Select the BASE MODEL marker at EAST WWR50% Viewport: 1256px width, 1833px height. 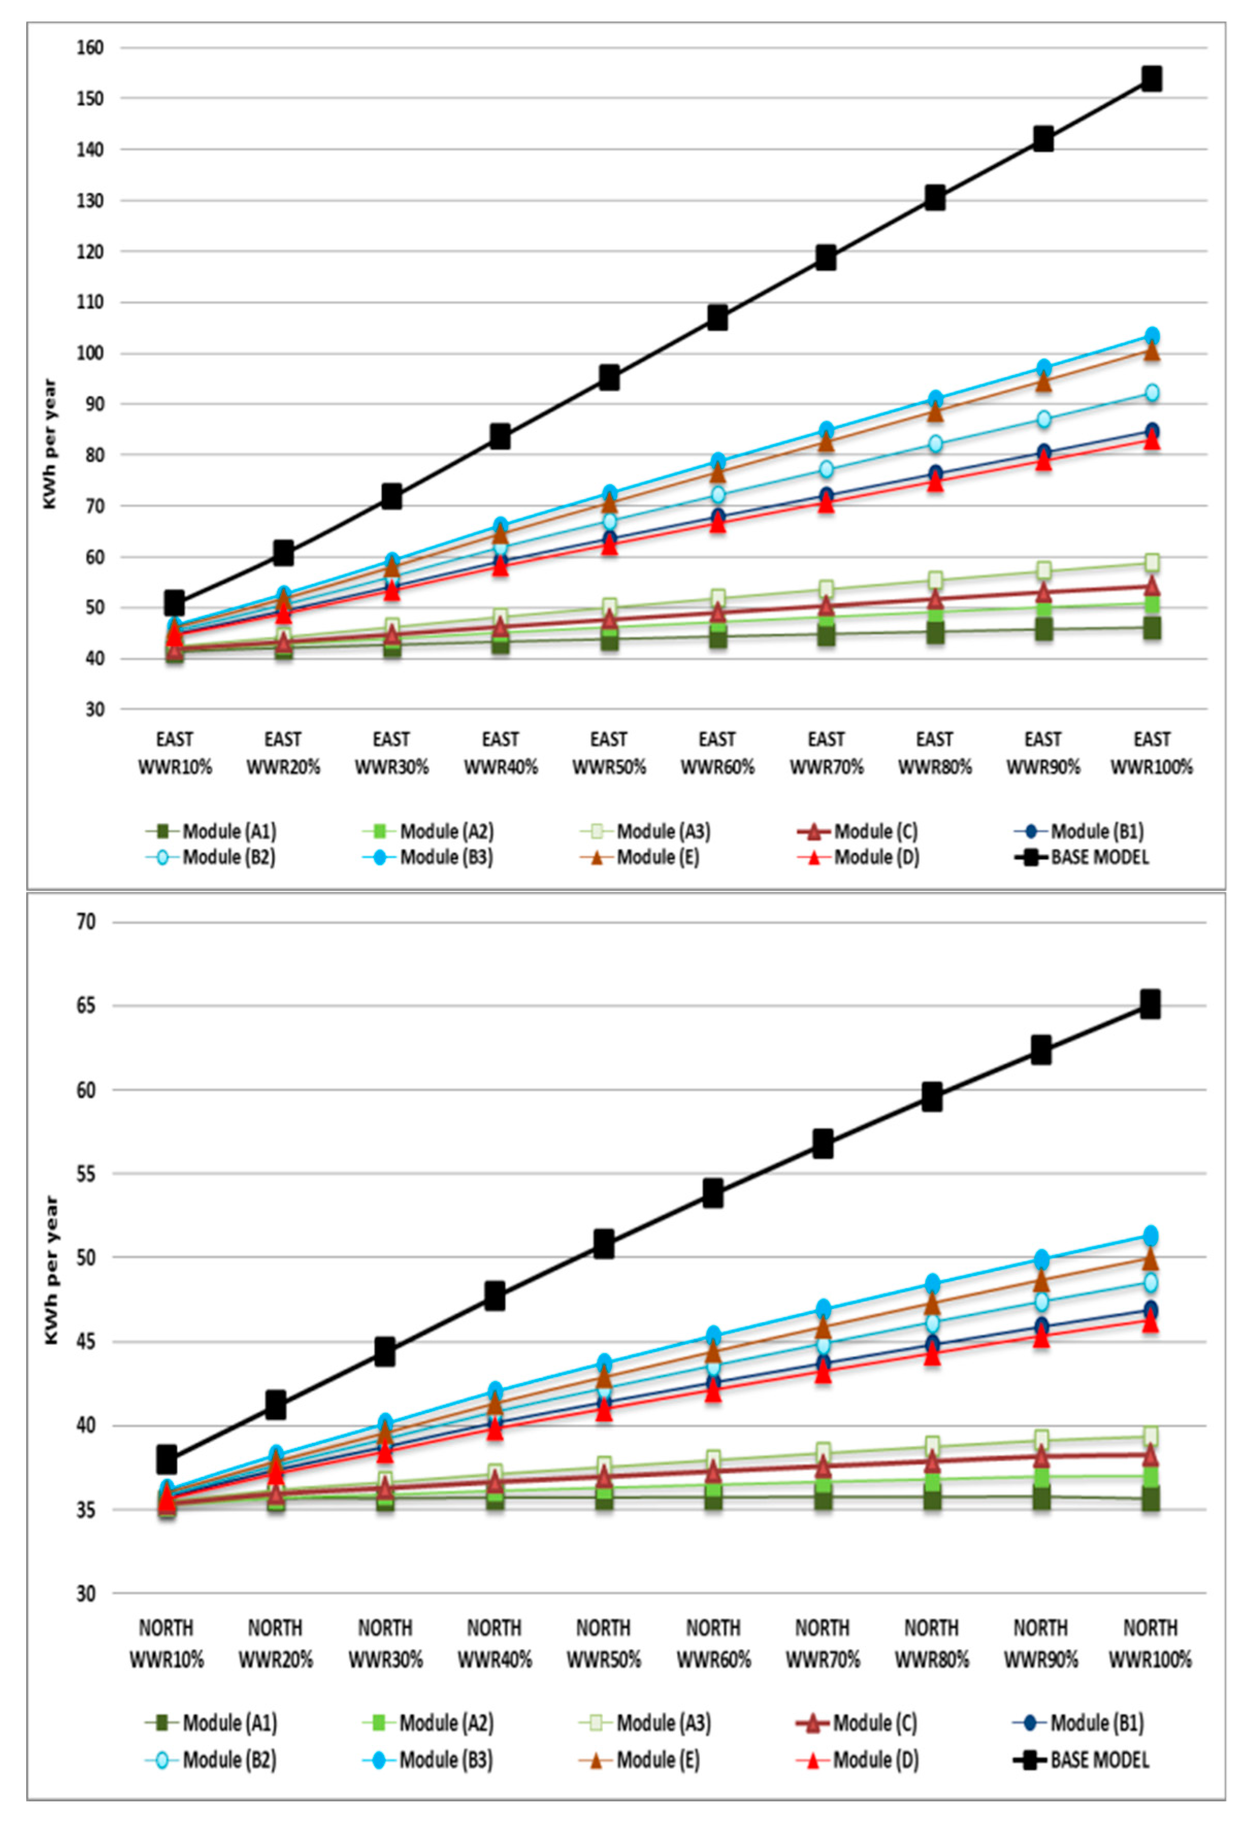coord(608,378)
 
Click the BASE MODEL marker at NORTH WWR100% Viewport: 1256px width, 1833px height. coord(1149,1004)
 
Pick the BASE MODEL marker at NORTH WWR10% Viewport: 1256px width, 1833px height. coord(167,1459)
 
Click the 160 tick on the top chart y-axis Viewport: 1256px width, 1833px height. coord(90,48)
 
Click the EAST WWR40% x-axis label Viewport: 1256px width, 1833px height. coord(500,753)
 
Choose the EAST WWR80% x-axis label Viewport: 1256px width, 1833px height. coord(934,753)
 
